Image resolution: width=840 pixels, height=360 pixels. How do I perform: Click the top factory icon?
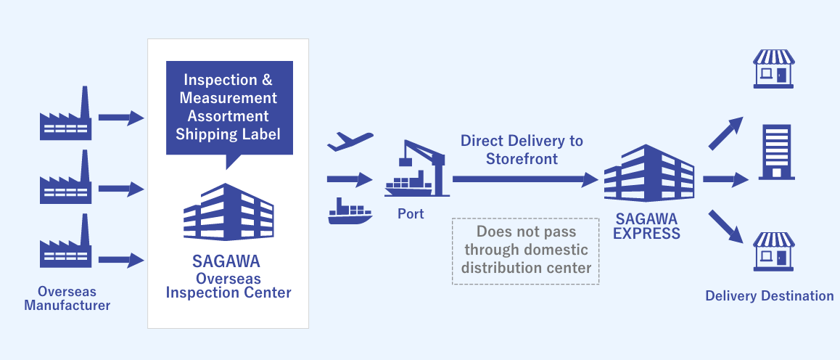(x=65, y=115)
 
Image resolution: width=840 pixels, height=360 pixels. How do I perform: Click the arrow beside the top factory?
(x=121, y=117)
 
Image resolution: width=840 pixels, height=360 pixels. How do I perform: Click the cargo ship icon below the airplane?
(x=350, y=211)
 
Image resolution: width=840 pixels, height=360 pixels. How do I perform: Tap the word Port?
(x=411, y=214)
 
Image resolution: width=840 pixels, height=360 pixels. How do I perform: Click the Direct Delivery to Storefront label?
(x=522, y=150)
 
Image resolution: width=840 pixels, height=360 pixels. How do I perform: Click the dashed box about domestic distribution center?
(x=526, y=250)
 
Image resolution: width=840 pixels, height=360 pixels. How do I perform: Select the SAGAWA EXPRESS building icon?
(x=648, y=173)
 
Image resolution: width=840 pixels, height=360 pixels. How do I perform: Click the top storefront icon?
(x=774, y=69)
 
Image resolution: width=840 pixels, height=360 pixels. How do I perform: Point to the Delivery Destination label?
(x=769, y=295)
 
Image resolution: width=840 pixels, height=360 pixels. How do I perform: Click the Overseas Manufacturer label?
(x=67, y=298)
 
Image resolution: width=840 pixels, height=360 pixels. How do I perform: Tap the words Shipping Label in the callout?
(x=228, y=134)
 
